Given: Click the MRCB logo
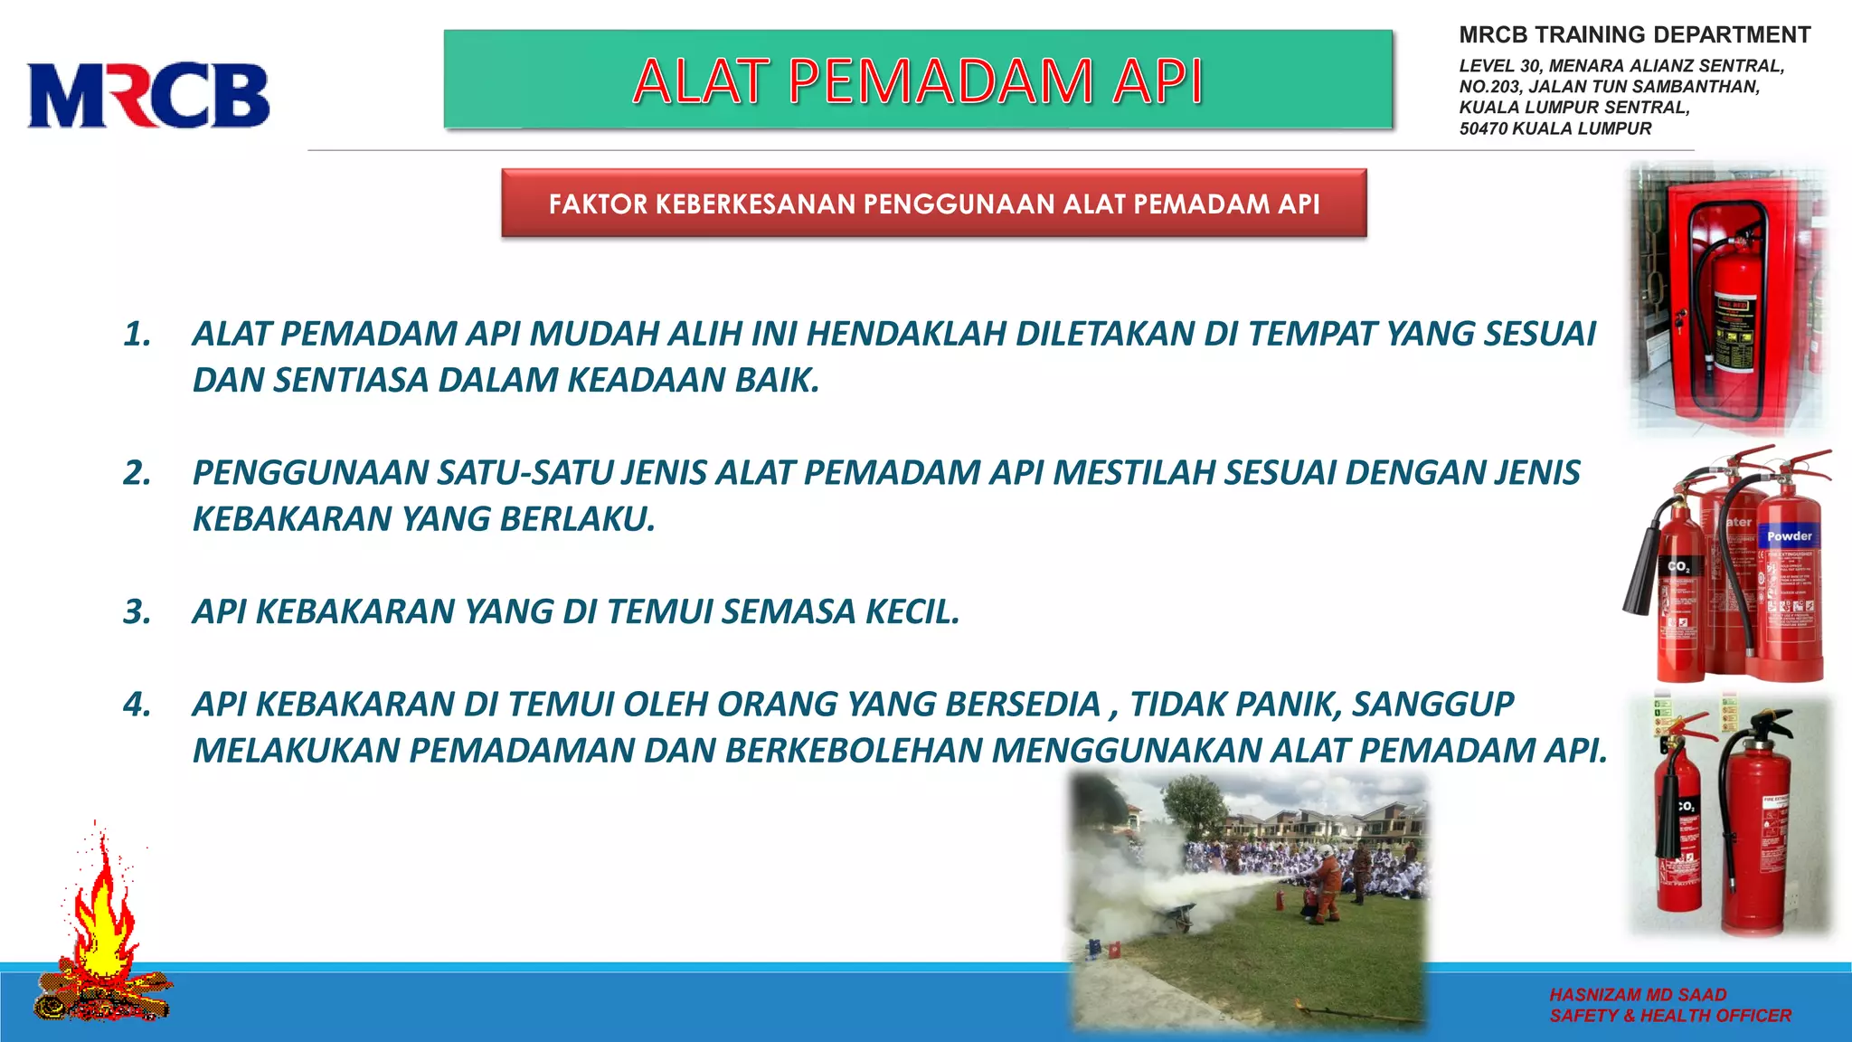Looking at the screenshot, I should (x=148, y=95).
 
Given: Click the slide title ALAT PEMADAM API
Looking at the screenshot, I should (x=917, y=81).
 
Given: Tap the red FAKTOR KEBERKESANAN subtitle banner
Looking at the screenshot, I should (x=933, y=204).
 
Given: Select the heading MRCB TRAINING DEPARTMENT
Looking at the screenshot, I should (x=1634, y=35).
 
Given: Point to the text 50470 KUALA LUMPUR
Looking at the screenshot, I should (x=1554, y=128).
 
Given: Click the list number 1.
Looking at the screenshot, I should (x=137, y=335).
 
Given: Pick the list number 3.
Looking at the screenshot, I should (x=137, y=612).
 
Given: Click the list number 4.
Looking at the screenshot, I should (x=137, y=705).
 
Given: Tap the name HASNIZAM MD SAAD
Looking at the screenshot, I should (x=1638, y=995).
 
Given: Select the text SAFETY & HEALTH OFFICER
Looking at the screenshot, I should (x=1669, y=1016).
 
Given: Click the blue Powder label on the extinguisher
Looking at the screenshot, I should (x=1789, y=536).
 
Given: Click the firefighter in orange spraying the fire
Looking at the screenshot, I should (x=1325, y=882).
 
